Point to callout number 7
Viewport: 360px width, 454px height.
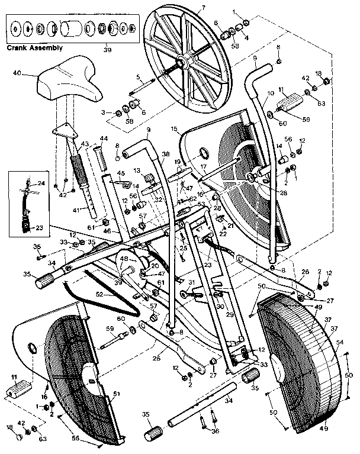coord(202,8)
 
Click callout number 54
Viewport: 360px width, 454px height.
coord(339,342)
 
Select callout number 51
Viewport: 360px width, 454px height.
coord(116,393)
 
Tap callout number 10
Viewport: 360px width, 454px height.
coord(270,94)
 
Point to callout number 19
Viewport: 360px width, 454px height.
coord(176,161)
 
